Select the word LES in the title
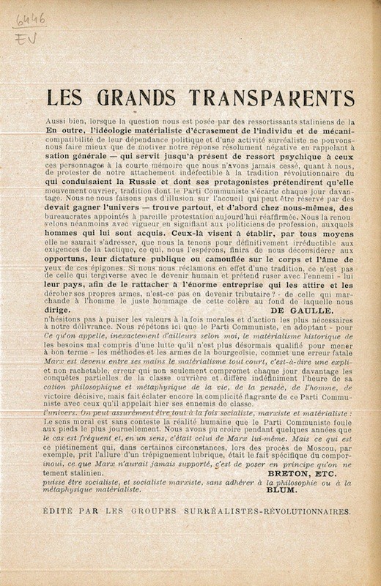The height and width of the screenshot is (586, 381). [64, 98]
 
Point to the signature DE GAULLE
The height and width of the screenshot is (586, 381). [301, 310]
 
